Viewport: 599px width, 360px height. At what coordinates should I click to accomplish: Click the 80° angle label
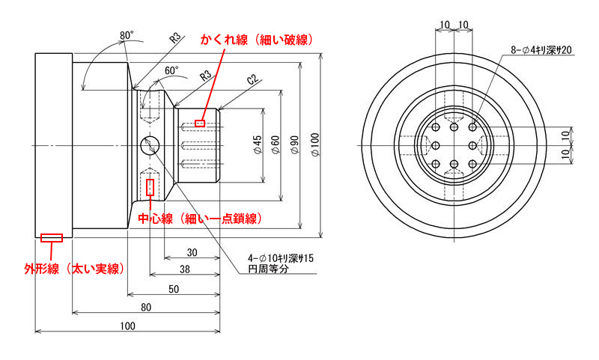pyautogui.click(x=126, y=35)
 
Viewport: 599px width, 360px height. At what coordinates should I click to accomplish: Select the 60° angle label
pyautogui.click(x=172, y=70)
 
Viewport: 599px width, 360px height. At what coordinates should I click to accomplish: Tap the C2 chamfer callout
pyautogui.click(x=252, y=80)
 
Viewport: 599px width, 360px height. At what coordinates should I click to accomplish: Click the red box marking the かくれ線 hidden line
pyautogui.click(x=200, y=123)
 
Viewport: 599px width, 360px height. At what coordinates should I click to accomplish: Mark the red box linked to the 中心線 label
pyautogui.click(x=151, y=187)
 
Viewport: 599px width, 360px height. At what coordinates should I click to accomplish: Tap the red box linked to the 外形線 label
pyautogui.click(x=52, y=238)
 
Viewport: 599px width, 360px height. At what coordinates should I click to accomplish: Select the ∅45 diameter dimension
pyautogui.click(x=257, y=144)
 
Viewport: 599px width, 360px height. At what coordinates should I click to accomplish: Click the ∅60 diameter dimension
pyautogui.click(x=276, y=144)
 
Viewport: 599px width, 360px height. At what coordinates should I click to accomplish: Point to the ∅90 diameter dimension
pyautogui.click(x=295, y=144)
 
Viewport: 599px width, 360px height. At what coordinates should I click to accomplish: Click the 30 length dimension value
pyautogui.click(x=192, y=252)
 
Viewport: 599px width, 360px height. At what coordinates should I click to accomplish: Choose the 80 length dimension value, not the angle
pyautogui.click(x=146, y=307)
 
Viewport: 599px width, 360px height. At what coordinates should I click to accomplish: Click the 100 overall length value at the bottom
pyautogui.click(x=128, y=326)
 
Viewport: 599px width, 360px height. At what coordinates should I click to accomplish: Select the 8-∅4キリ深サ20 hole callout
pyautogui.click(x=541, y=49)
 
